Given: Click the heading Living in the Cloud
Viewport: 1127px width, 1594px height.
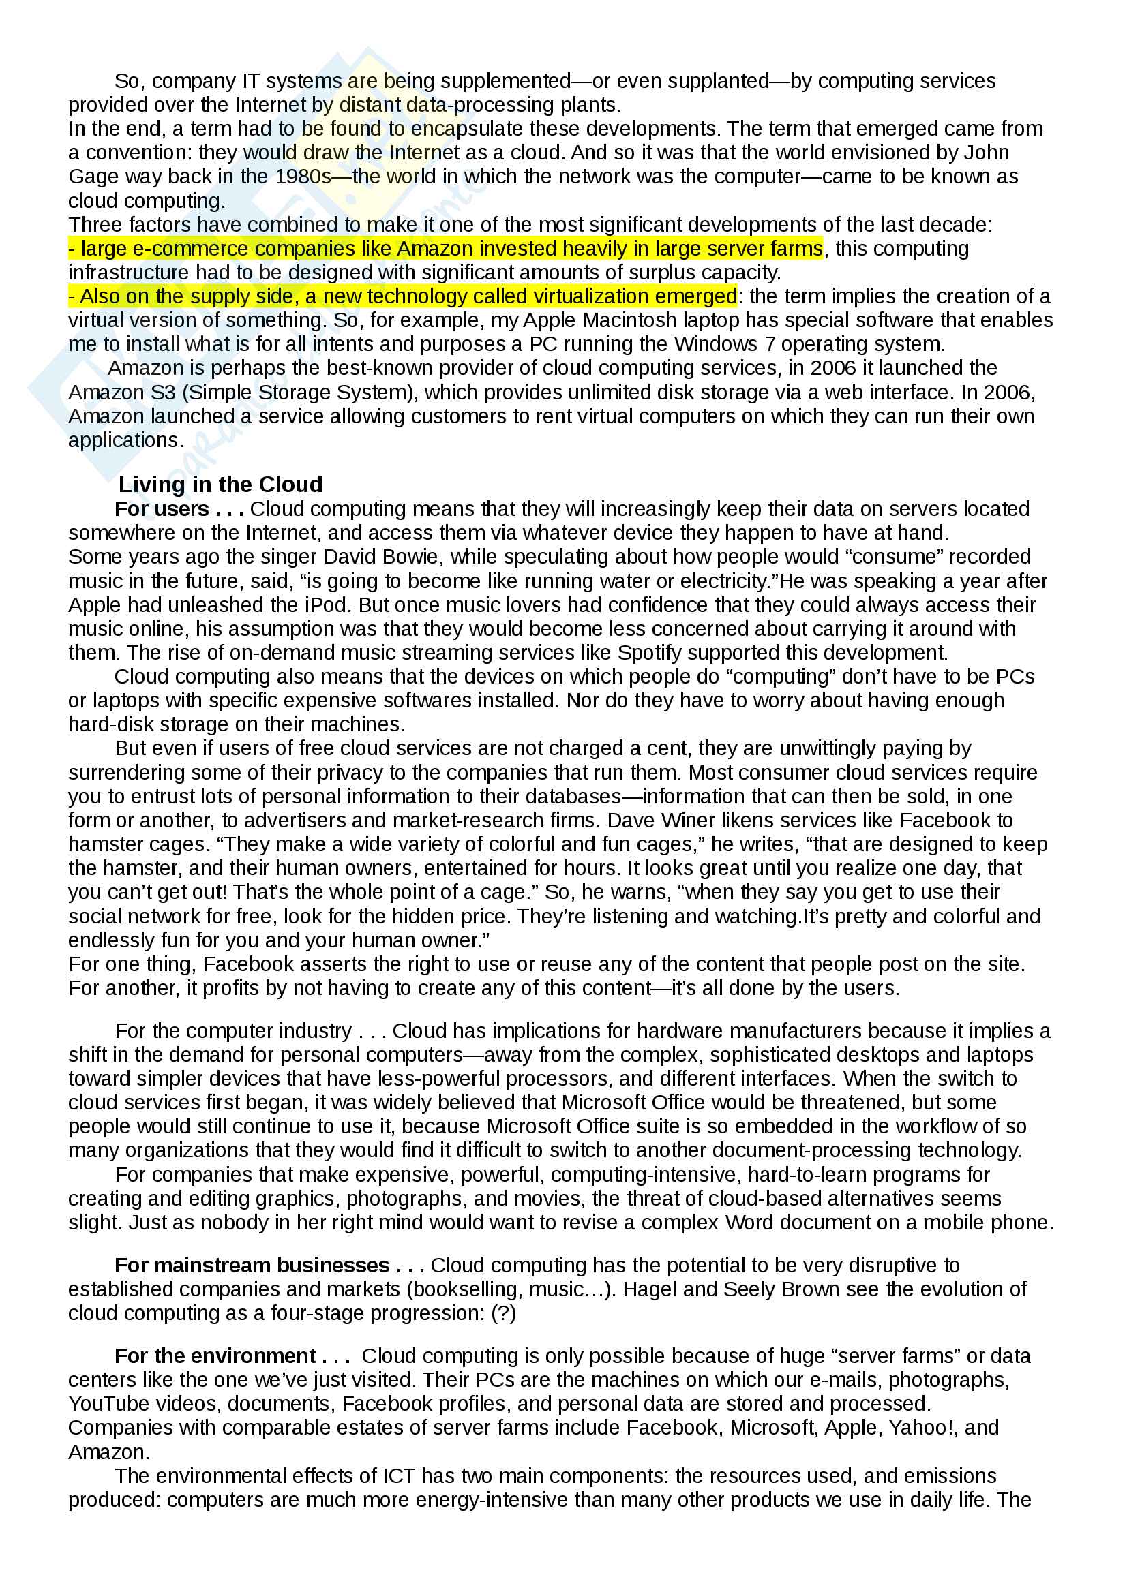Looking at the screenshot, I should [x=220, y=484].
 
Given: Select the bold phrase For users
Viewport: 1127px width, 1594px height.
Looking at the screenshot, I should [x=162, y=509].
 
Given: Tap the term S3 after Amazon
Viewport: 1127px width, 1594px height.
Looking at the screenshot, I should [x=163, y=393].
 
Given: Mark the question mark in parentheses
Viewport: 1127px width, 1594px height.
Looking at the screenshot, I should [x=503, y=1313].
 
